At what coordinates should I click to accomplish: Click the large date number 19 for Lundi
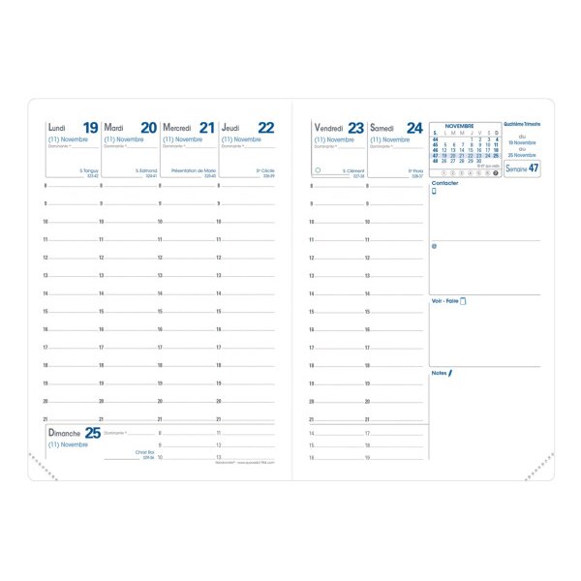[90, 128]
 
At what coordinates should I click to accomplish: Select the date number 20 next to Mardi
[148, 128]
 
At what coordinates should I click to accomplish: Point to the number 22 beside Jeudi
[265, 128]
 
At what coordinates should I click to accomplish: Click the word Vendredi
[329, 128]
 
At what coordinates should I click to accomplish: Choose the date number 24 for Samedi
[414, 128]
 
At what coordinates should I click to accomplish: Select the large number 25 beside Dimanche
[92, 433]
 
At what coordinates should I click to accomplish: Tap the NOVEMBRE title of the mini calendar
[459, 127]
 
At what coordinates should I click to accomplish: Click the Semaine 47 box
[522, 168]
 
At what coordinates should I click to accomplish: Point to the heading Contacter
[445, 182]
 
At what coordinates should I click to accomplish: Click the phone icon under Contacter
[435, 192]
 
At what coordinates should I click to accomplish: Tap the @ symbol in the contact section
[435, 246]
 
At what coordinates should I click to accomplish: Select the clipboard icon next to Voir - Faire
[463, 301]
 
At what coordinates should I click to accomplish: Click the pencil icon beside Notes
[450, 372]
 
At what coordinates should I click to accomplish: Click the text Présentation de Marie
[193, 170]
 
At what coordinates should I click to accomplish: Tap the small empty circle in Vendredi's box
[318, 169]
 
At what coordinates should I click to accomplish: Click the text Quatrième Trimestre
[522, 125]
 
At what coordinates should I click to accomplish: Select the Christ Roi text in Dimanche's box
[145, 452]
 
